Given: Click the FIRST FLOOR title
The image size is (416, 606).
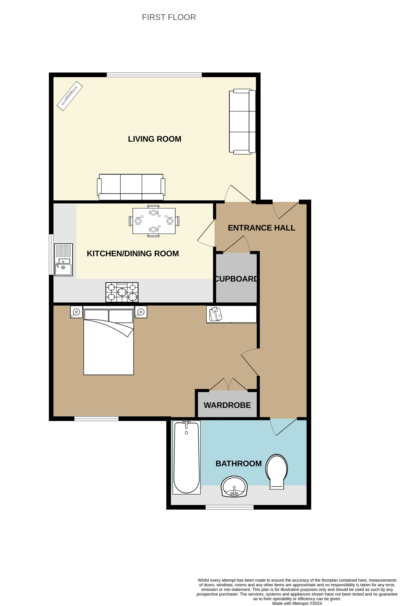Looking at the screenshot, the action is (x=169, y=17).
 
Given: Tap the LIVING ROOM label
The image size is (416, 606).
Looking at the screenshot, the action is (x=154, y=139).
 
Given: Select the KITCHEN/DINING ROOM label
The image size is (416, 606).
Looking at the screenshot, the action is (x=133, y=254).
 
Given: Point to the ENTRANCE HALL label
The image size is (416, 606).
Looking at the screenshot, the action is (x=261, y=228).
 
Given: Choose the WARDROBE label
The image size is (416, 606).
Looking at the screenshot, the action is (x=227, y=405).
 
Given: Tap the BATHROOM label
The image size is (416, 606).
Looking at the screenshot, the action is (x=239, y=463).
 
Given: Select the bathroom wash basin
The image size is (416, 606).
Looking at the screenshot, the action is (x=234, y=487).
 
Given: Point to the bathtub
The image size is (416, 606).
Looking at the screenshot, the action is (x=186, y=457).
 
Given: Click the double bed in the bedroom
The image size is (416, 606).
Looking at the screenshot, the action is (x=108, y=340).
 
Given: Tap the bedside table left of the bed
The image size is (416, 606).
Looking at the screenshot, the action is (x=76, y=312).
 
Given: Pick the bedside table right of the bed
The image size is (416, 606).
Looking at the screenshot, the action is (x=141, y=312).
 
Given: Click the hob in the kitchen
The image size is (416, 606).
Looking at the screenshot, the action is (x=122, y=292).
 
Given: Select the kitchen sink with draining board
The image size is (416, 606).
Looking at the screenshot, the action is (x=63, y=260).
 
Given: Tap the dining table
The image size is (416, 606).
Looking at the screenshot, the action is (x=154, y=221).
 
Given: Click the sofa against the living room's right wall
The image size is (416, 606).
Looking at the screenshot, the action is (x=242, y=122).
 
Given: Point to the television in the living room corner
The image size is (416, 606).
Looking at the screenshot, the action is (x=70, y=96).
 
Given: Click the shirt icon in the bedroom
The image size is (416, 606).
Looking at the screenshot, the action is (x=216, y=314).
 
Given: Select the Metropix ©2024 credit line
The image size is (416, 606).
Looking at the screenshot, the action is (x=297, y=603).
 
